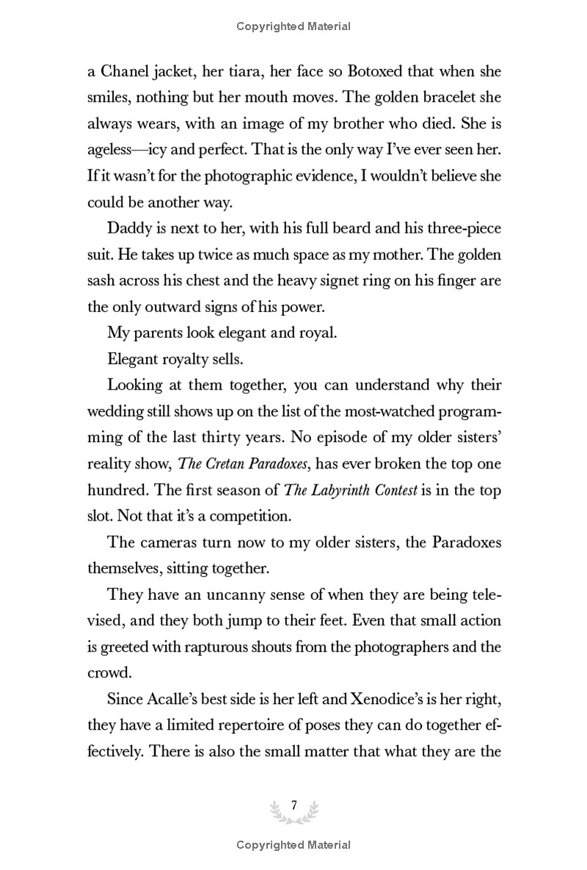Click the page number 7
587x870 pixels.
293,805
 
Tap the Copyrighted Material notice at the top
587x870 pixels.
293,26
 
